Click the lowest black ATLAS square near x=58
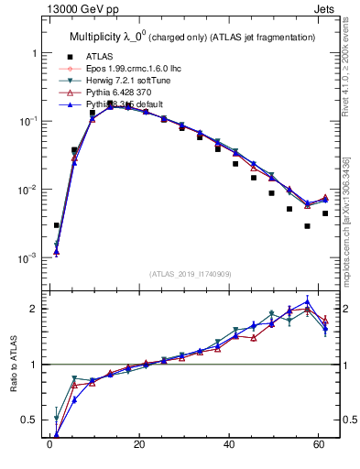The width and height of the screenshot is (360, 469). point(308,226)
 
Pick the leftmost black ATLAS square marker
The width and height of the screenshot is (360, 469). point(57,225)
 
